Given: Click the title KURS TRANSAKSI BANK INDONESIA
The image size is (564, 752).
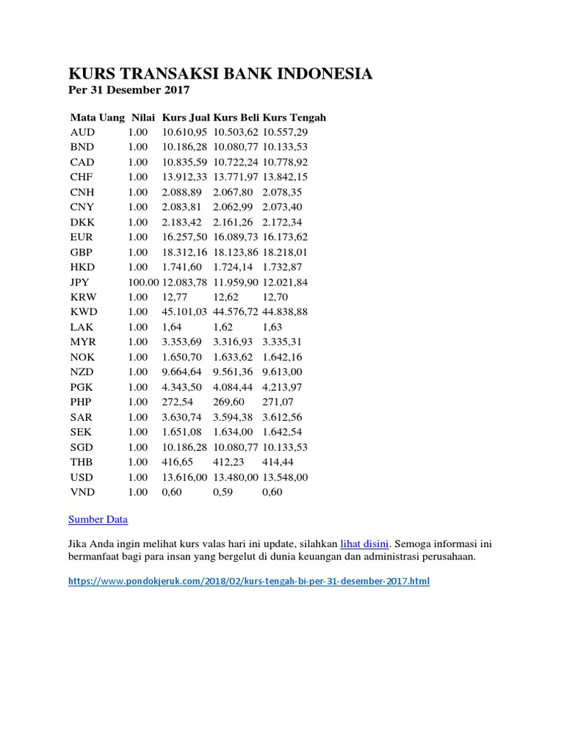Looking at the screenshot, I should click(x=220, y=73).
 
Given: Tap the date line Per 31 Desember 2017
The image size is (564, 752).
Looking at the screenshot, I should click(x=129, y=90).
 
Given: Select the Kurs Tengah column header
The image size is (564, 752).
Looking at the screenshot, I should click(x=294, y=117).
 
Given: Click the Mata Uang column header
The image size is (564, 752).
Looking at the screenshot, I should click(x=98, y=117).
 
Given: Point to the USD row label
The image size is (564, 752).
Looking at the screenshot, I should click(x=82, y=477).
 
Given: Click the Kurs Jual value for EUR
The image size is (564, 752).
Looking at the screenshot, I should click(x=184, y=237).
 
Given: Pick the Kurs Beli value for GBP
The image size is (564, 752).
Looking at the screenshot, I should click(x=236, y=252).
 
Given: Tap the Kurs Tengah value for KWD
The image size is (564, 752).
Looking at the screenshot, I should click(x=284, y=312).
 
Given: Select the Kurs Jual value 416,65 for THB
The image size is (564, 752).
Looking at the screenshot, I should click(x=176, y=462).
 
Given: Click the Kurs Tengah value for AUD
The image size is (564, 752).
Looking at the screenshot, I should click(x=284, y=132).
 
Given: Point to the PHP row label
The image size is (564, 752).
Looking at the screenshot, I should click(x=82, y=402).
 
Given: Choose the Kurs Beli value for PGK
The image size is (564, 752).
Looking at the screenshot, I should click(x=234, y=387).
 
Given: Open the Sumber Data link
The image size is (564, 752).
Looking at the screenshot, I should click(x=98, y=519).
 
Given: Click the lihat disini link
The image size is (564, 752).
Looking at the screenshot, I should click(x=364, y=544).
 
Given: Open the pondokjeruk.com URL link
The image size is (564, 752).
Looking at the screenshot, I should click(x=249, y=581).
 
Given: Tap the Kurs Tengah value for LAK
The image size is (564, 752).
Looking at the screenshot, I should click(x=272, y=327).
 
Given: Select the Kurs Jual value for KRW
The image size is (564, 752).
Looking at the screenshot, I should click(x=173, y=297).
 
